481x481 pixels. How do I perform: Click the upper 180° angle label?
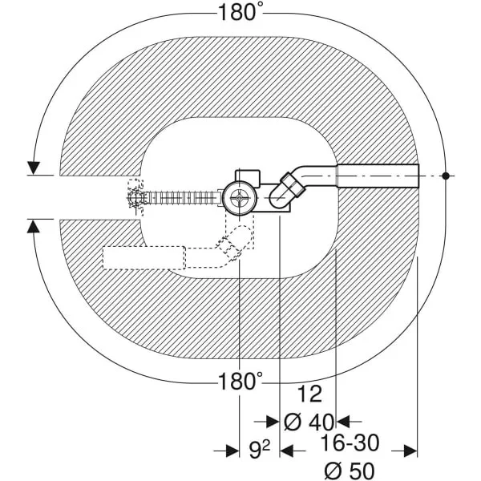click(x=240, y=14)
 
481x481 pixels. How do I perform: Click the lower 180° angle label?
click(x=240, y=382)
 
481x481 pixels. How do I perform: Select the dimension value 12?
click(x=309, y=394)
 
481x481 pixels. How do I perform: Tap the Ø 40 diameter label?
click(x=309, y=422)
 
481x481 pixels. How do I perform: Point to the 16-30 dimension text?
click(x=350, y=443)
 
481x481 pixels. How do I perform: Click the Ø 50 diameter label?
click(x=350, y=471)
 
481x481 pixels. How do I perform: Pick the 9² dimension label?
click(x=259, y=451)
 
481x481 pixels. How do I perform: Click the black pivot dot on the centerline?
click(x=446, y=176)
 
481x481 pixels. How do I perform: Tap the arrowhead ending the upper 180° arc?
click(x=34, y=168)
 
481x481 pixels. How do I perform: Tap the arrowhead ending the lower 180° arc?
click(x=34, y=227)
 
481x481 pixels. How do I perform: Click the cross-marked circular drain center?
click(x=239, y=198)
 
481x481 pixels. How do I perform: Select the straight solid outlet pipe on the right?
click(x=378, y=176)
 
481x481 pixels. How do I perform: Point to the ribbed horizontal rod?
click(x=182, y=198)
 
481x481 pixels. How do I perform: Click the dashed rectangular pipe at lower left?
click(x=143, y=257)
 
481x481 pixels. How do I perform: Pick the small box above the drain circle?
click(x=248, y=177)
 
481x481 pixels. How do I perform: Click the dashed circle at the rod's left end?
click(x=135, y=198)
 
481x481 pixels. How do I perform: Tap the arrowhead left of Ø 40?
click(x=273, y=422)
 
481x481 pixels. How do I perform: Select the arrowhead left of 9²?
click(x=232, y=451)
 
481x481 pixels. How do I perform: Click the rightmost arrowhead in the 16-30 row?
click(x=410, y=451)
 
